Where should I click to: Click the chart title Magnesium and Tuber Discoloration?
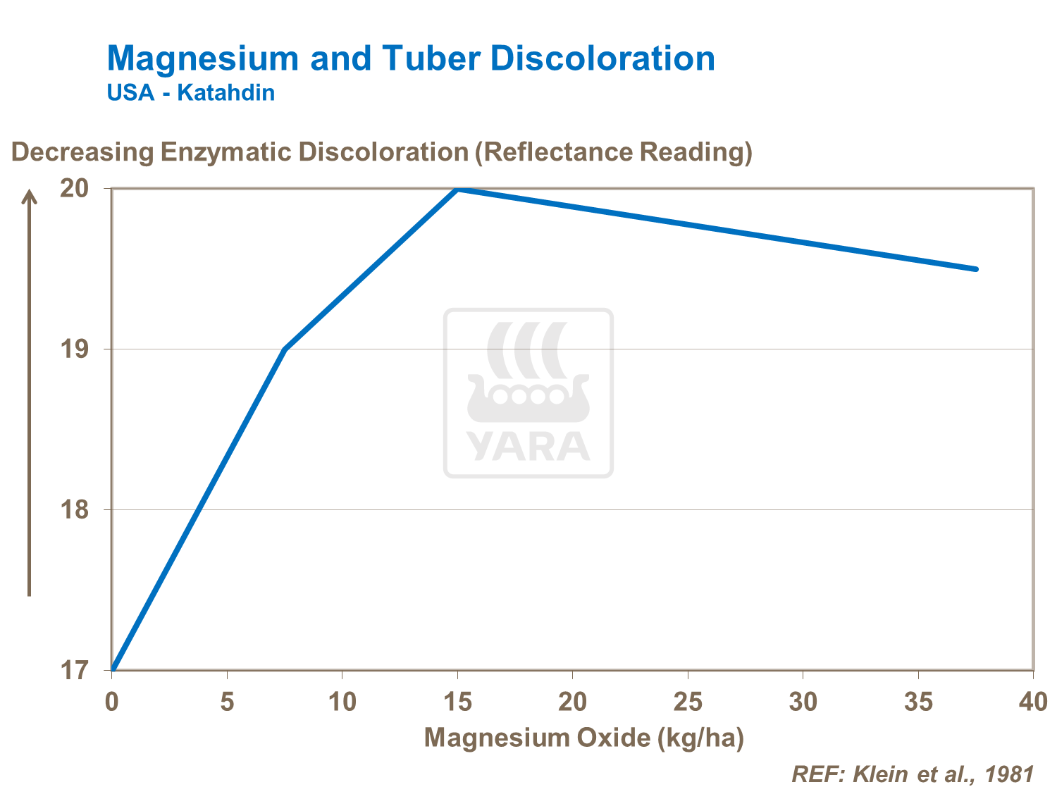pyautogui.click(x=411, y=58)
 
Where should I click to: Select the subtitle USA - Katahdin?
pyautogui.click(x=190, y=92)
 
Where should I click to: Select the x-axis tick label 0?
pyautogui.click(x=111, y=702)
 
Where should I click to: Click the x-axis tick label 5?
pyautogui.click(x=227, y=702)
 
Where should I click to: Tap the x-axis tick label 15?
pyautogui.click(x=457, y=702)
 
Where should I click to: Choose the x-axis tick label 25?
pyautogui.click(x=688, y=702)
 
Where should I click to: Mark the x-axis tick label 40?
pyautogui.click(x=1033, y=702)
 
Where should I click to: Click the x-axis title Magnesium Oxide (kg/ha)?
pyautogui.click(x=584, y=738)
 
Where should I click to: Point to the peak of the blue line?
pyautogui.click(x=457, y=189)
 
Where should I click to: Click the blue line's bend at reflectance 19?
pyautogui.click(x=285, y=349)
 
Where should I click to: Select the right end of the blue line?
pyautogui.click(x=976, y=269)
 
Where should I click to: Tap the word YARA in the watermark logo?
pyautogui.click(x=528, y=446)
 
